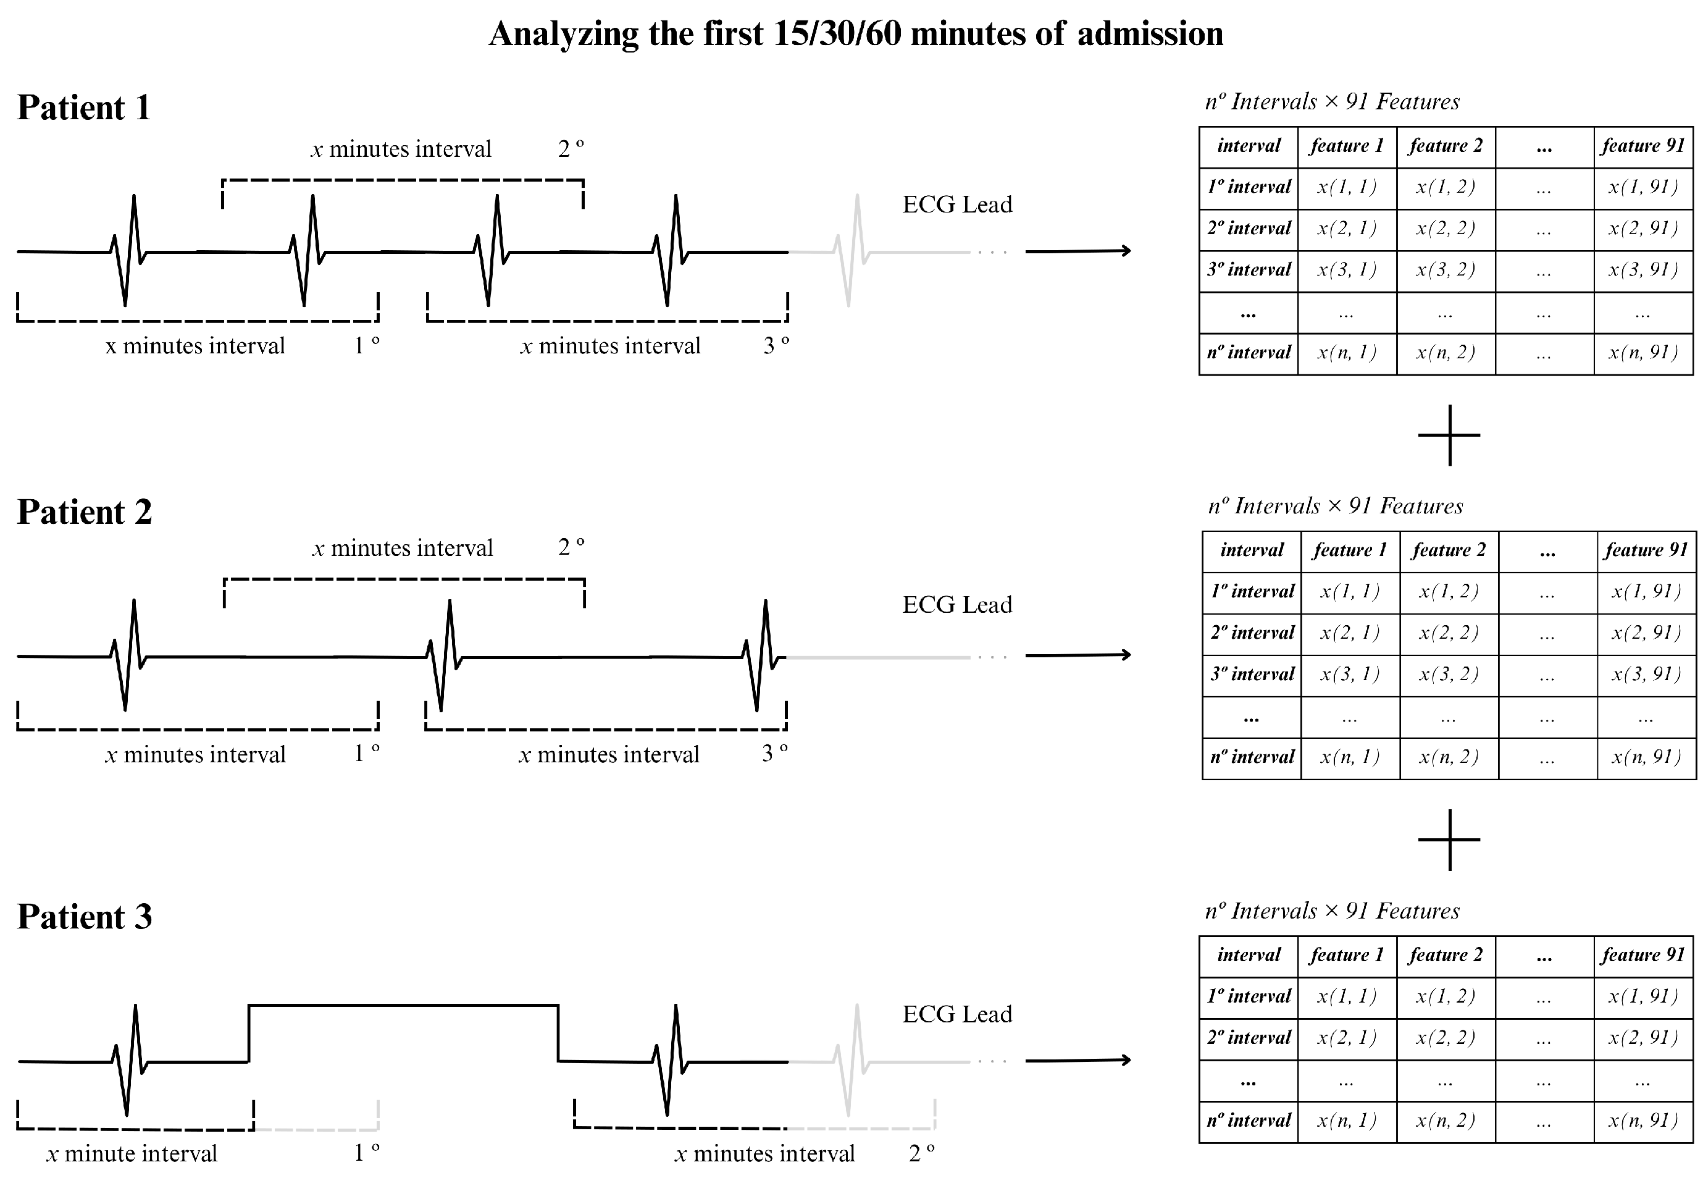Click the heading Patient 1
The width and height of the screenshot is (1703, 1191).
[x=84, y=107]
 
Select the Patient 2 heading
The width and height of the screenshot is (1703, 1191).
[x=85, y=512]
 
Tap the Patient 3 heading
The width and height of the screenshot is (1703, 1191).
[x=85, y=917]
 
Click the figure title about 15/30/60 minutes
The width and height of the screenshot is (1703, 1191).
[x=855, y=34]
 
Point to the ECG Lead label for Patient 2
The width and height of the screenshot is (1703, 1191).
[x=957, y=605]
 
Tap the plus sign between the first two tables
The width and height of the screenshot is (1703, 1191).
[x=1449, y=435]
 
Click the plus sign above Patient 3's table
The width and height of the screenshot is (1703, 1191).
[x=1449, y=840]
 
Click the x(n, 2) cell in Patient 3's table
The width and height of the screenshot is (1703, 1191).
[x=1446, y=1121]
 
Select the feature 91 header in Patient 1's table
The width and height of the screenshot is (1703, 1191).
[x=1643, y=146]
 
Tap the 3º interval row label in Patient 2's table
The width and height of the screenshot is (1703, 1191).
[x=1252, y=675]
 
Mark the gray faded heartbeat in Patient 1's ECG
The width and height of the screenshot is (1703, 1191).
[x=853, y=251]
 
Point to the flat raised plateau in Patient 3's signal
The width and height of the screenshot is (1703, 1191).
[x=403, y=1006]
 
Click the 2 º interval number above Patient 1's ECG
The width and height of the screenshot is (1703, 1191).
[x=571, y=149]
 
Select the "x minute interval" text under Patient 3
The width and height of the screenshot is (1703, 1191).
[x=132, y=1154]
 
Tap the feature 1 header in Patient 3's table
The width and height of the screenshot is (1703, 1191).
[x=1347, y=955]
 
